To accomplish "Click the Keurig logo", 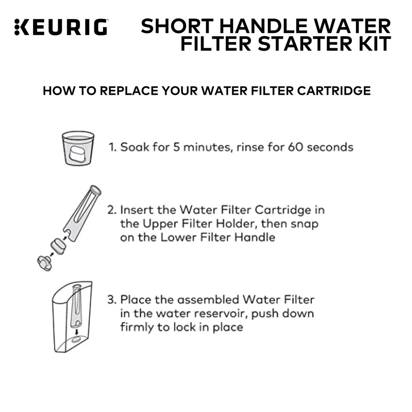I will tap(61, 27).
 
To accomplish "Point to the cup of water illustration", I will tap(77, 148).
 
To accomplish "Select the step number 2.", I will tap(111, 210).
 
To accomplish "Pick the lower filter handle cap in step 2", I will tap(44, 262).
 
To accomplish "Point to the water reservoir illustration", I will tap(73, 316).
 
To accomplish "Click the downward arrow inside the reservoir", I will tap(76, 331).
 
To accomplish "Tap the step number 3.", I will tap(111, 299).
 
